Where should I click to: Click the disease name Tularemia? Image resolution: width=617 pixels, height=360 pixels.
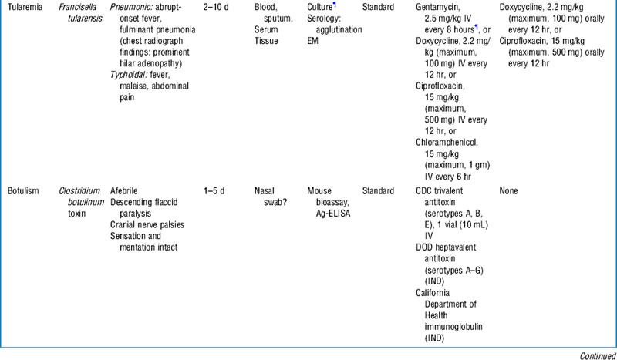point(24,7)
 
